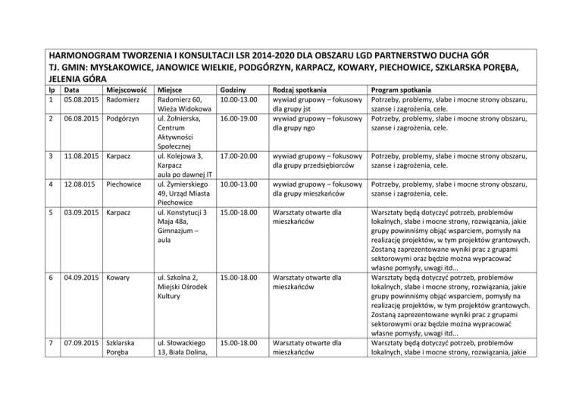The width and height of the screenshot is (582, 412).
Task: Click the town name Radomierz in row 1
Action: [123, 100]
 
